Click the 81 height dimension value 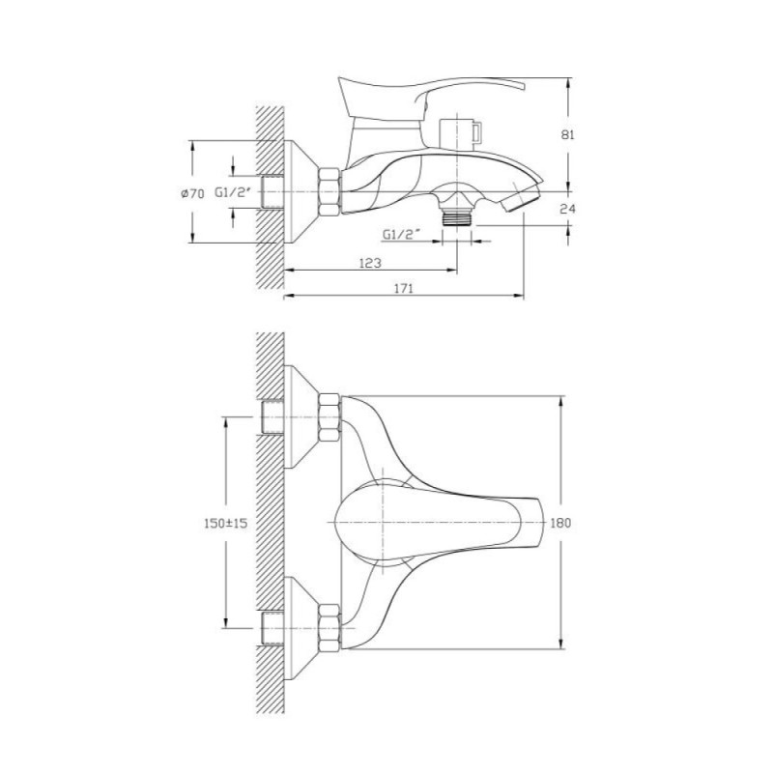point(568,134)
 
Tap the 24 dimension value point(568,209)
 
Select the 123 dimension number point(370,263)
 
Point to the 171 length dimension point(403,288)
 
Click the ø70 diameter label point(192,194)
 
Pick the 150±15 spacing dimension point(226,523)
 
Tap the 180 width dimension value point(560,523)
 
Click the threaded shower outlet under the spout point(457,217)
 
